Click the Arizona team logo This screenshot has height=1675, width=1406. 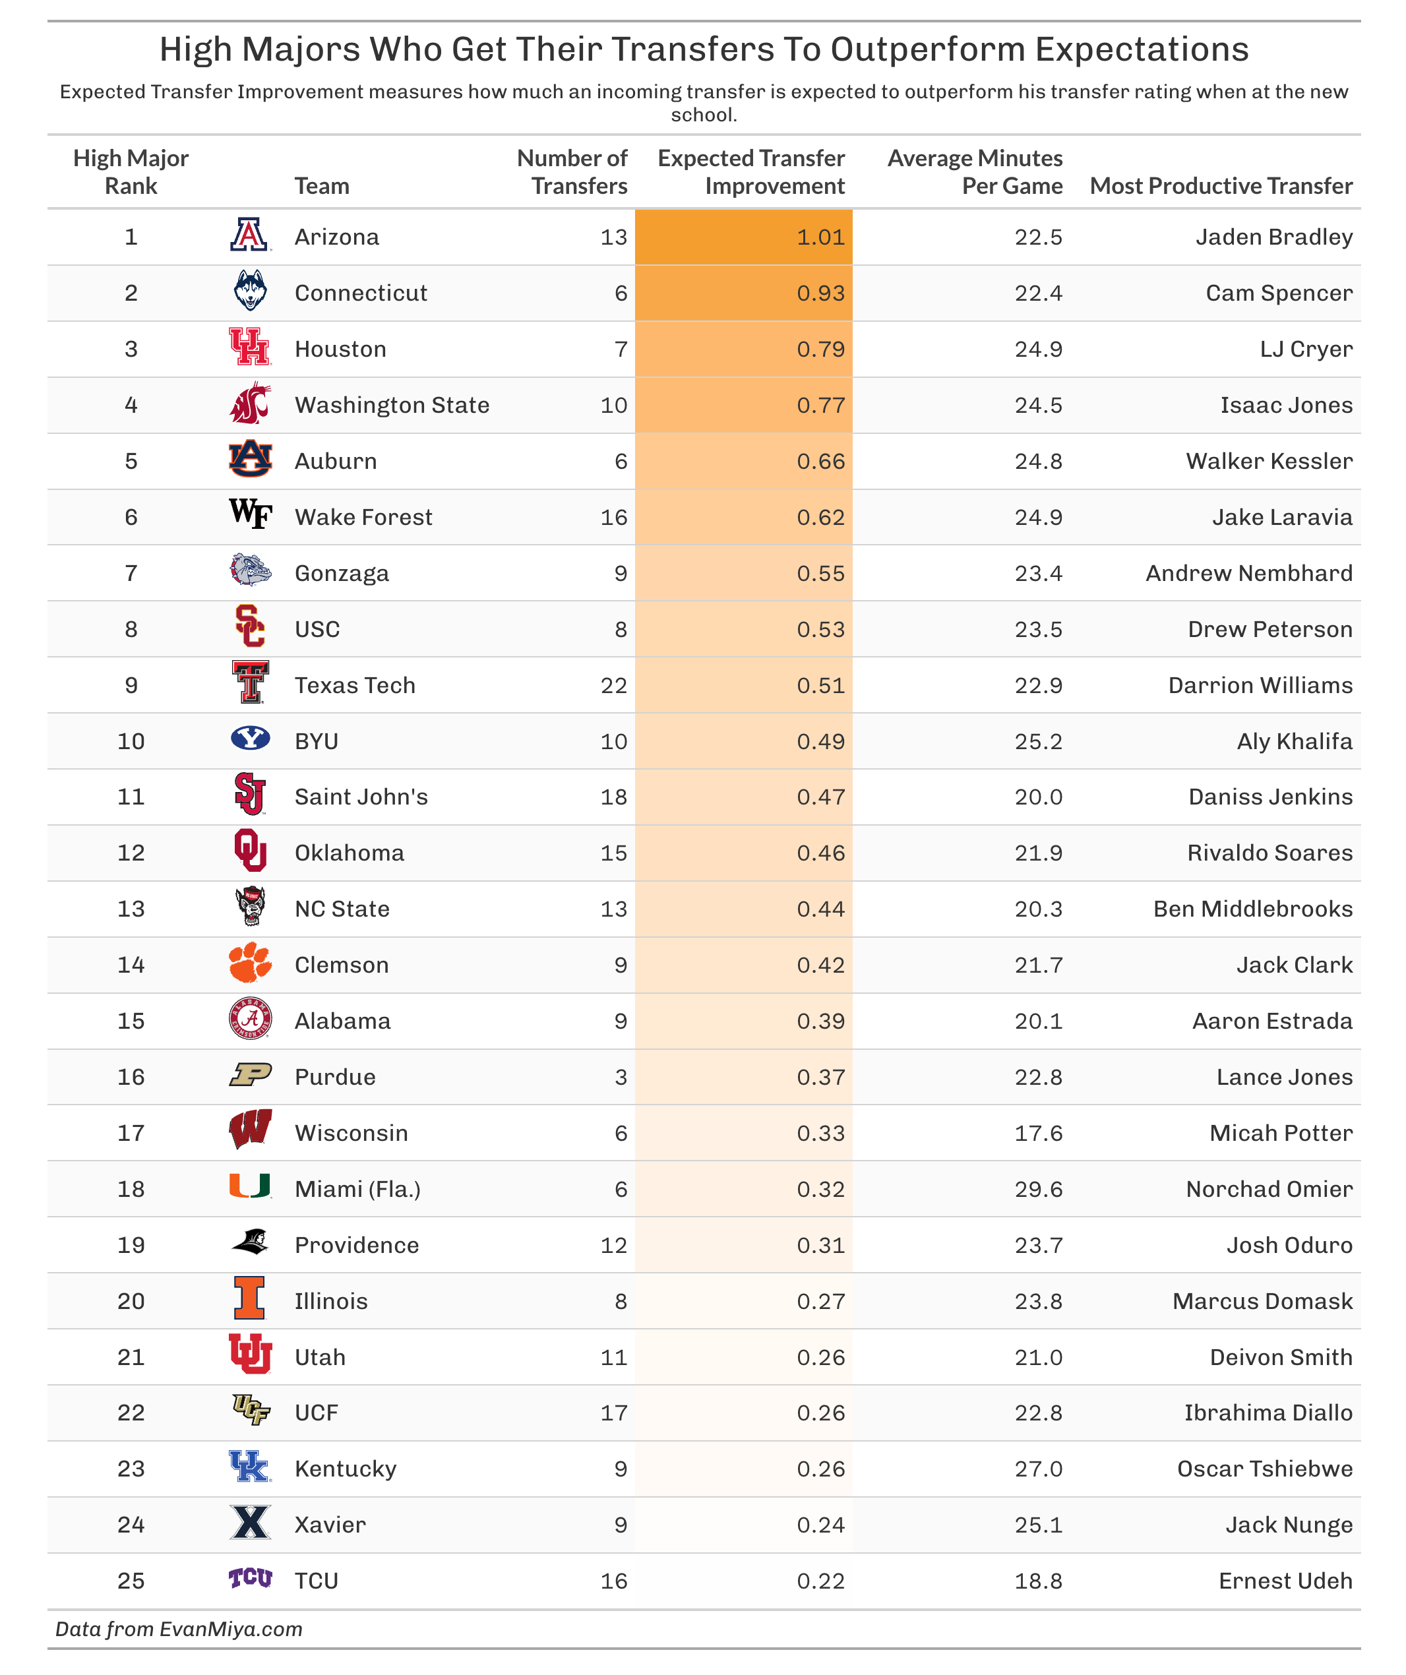(x=250, y=236)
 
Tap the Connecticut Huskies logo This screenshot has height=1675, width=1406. (x=250, y=292)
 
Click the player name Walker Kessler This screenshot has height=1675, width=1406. (x=1268, y=461)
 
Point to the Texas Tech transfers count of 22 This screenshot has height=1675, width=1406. (x=613, y=685)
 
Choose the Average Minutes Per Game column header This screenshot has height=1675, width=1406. (x=975, y=171)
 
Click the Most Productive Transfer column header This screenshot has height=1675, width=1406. (x=1220, y=186)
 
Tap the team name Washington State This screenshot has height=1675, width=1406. (x=392, y=405)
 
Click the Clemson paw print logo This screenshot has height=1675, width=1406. (x=250, y=963)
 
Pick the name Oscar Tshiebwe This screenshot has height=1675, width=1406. (x=1264, y=1469)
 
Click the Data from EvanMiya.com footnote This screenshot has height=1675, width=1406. (x=179, y=1629)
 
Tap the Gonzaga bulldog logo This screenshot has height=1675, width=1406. (x=250, y=571)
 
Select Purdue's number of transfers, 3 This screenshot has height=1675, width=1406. (x=621, y=1077)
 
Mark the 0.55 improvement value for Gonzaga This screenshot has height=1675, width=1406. (x=820, y=574)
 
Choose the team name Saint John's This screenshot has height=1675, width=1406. (x=361, y=797)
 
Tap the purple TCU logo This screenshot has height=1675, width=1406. (x=250, y=1579)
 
